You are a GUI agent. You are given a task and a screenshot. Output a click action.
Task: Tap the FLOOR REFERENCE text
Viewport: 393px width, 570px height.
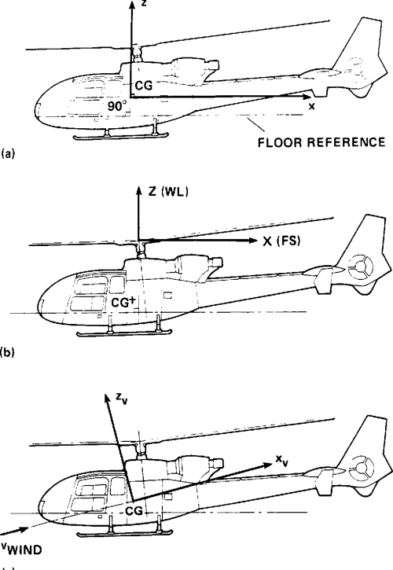(325, 142)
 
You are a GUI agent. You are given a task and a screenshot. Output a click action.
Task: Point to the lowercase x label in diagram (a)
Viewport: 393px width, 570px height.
(311, 107)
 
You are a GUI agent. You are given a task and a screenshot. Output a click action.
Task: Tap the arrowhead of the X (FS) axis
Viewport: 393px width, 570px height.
(255, 240)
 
